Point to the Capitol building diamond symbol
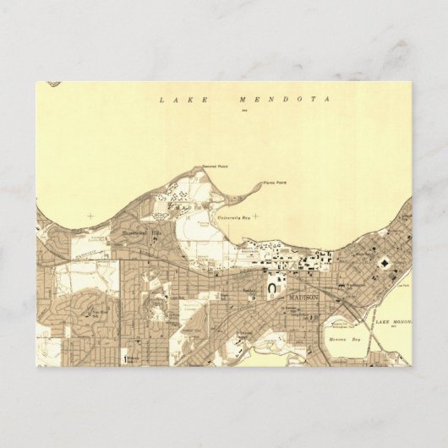[385, 264]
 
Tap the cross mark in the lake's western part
[90, 216]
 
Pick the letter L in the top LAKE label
[161, 100]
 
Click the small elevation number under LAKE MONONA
[395, 328]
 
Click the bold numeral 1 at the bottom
[124, 359]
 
